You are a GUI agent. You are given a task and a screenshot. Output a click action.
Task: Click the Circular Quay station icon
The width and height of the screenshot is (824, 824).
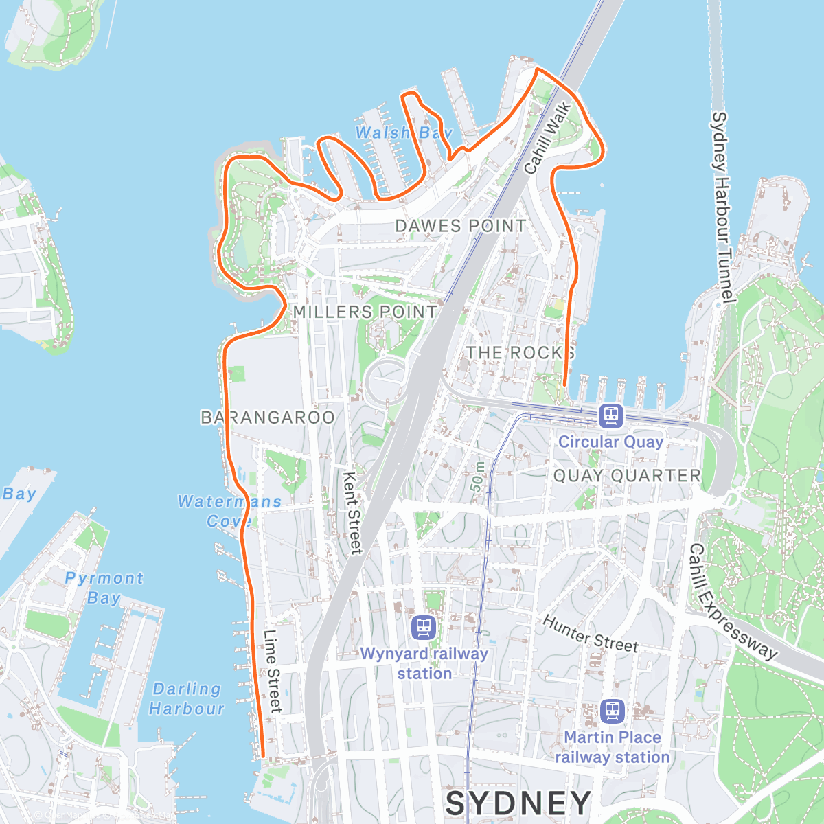click(610, 416)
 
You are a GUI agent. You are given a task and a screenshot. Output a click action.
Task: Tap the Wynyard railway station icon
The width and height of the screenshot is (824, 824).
click(424, 627)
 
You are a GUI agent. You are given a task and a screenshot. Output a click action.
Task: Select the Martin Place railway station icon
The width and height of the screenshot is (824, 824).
click(612, 711)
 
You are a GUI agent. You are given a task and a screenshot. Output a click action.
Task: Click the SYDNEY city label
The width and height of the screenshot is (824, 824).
click(518, 803)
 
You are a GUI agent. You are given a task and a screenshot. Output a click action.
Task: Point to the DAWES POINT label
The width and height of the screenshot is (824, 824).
click(461, 226)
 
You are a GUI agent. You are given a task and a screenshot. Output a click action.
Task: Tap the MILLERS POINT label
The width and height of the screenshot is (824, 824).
click(365, 312)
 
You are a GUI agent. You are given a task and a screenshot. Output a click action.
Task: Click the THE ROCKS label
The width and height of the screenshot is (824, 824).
click(520, 353)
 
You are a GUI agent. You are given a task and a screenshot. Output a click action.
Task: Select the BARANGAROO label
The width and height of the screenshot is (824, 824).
click(268, 417)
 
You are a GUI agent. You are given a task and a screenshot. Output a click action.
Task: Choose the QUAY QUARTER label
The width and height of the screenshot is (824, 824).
click(627, 476)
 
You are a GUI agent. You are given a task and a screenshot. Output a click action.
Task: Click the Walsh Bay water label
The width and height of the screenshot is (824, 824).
click(404, 133)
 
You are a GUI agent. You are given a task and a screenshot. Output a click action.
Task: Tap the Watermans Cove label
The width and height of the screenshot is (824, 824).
click(229, 511)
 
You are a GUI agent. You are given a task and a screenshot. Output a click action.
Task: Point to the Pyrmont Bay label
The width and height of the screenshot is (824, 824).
click(104, 588)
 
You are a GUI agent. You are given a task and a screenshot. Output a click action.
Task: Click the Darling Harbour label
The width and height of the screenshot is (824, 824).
click(187, 698)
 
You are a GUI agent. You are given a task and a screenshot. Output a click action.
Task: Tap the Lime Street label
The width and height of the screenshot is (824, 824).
click(273, 671)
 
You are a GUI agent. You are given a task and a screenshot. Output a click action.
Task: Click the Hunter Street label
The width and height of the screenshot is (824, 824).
click(591, 634)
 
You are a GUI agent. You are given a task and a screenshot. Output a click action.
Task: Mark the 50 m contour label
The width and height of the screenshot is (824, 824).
click(477, 476)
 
